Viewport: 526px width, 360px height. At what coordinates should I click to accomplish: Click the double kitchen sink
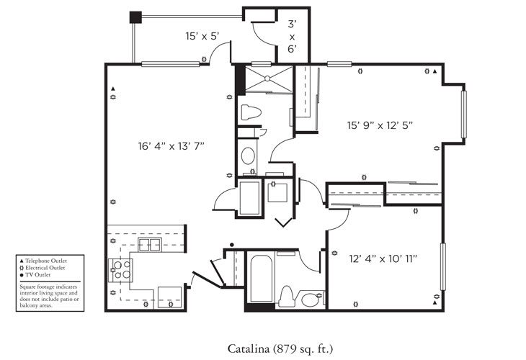(149, 246)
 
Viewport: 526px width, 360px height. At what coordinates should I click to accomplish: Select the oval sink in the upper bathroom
(248, 156)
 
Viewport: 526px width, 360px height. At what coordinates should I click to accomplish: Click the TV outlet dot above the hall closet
(231, 245)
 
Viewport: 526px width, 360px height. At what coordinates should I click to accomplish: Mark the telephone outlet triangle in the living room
(114, 91)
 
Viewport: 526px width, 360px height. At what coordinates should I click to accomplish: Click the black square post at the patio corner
(134, 17)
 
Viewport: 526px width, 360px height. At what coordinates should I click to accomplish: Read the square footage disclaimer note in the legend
(51, 296)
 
